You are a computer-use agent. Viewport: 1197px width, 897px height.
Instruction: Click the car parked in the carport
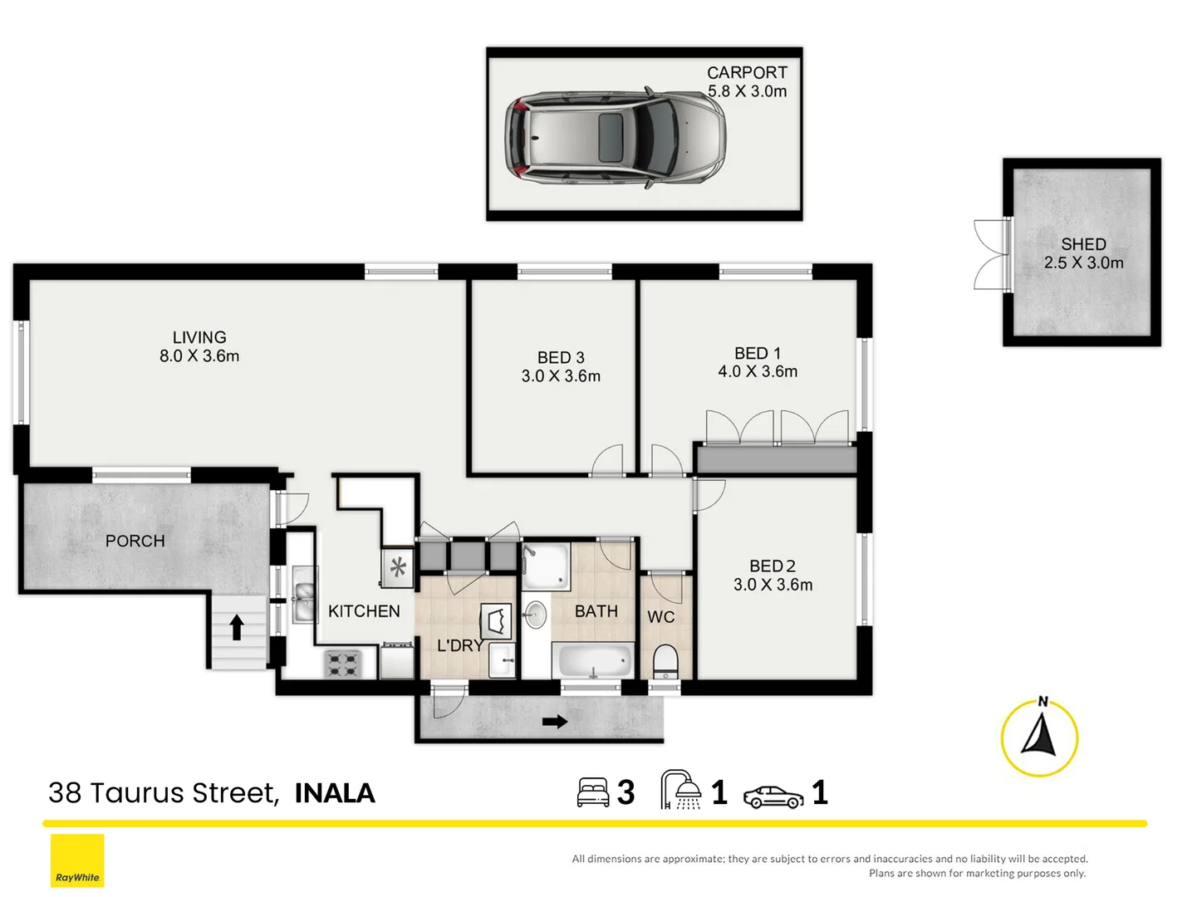click(x=615, y=137)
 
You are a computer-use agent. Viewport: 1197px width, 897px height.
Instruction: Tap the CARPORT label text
click(x=747, y=72)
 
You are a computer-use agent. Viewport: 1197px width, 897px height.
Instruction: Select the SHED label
click(x=1083, y=244)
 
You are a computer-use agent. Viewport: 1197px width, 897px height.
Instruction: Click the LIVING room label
click(x=199, y=337)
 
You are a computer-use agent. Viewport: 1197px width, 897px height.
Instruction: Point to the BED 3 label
click(x=561, y=358)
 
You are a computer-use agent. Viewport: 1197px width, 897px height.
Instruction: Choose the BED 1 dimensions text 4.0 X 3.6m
click(x=758, y=372)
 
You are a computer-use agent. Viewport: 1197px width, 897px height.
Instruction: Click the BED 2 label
click(x=773, y=566)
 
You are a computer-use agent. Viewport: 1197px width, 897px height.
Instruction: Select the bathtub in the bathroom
click(x=593, y=660)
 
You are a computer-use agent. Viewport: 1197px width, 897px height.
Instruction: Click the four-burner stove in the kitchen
click(x=343, y=664)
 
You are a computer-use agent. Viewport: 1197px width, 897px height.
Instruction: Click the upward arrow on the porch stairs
click(x=236, y=627)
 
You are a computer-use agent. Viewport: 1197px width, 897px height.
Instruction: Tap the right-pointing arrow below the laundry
click(x=555, y=722)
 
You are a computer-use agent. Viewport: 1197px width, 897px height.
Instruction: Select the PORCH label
click(x=135, y=541)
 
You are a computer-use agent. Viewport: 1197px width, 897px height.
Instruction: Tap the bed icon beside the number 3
click(x=593, y=793)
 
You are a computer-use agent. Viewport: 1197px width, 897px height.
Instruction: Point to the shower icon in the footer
click(x=680, y=790)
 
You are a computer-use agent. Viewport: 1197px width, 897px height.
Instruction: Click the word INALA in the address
click(x=335, y=793)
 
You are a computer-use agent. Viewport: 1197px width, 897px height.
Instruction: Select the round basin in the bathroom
click(x=535, y=615)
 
